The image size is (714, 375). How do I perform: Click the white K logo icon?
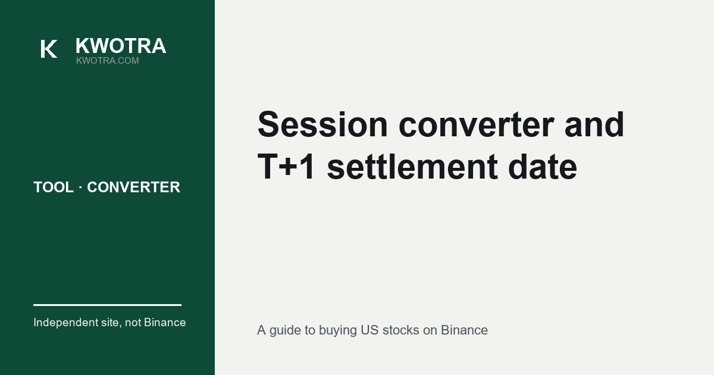(x=49, y=49)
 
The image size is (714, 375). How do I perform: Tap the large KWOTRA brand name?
(x=121, y=46)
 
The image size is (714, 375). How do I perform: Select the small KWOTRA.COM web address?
(x=108, y=61)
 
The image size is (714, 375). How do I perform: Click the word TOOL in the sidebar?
(x=54, y=187)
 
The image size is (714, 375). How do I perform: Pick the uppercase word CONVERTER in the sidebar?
(x=133, y=187)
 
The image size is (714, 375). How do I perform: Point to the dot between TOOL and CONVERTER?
(x=80, y=187)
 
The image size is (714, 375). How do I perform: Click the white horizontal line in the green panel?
(x=108, y=305)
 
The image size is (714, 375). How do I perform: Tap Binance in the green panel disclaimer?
(x=165, y=323)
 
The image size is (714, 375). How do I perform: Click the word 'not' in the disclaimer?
(x=133, y=323)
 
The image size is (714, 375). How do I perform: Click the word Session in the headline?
(x=322, y=124)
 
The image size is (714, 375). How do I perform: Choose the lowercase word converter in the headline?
(x=477, y=124)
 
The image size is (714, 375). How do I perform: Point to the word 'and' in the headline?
(x=594, y=124)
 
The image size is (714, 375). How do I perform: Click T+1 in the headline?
(x=286, y=167)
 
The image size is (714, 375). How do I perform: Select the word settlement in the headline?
(x=412, y=167)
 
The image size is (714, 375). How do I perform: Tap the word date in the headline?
(x=543, y=167)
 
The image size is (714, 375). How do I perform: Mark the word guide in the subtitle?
(x=285, y=331)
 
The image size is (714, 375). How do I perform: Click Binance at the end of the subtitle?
(x=464, y=330)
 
